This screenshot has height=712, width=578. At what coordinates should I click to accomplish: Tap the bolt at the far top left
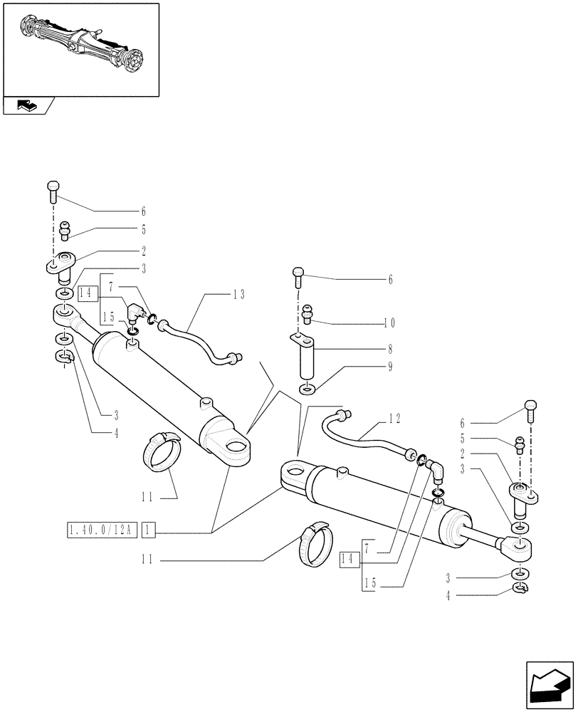[53, 189]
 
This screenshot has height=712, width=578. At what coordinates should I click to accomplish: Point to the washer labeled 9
[306, 389]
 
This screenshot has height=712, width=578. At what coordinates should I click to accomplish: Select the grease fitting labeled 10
[308, 312]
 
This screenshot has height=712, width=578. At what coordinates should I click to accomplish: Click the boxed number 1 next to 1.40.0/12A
[149, 530]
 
